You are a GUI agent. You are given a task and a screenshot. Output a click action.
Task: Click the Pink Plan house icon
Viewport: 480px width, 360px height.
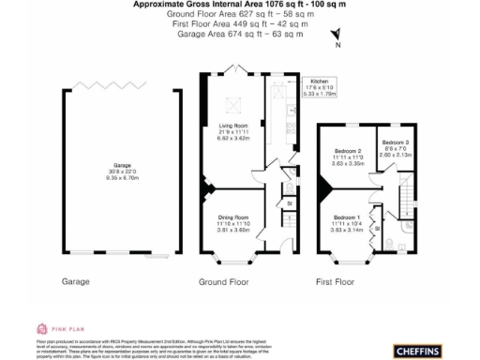click(x=41, y=328)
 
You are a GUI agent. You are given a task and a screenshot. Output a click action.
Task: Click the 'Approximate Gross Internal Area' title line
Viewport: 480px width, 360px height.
click(x=240, y=5)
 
